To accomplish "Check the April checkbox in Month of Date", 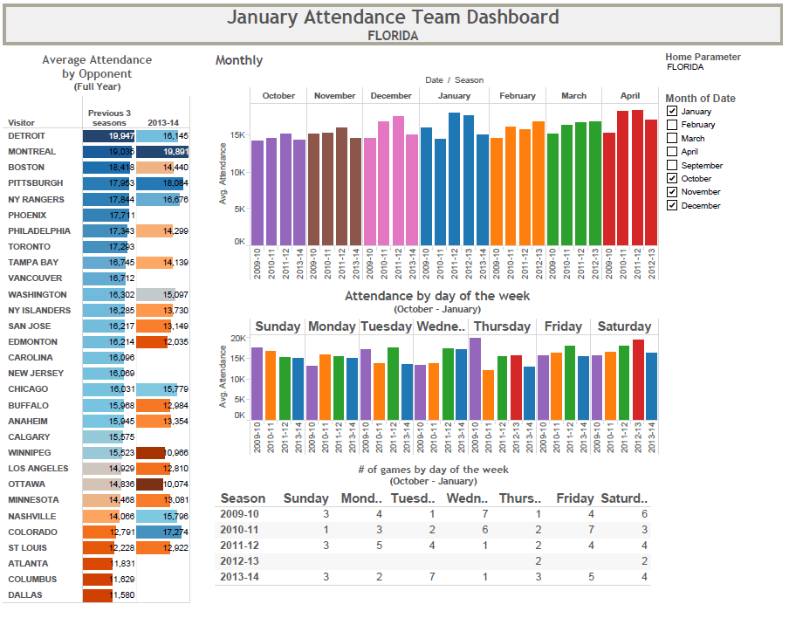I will point(672,152).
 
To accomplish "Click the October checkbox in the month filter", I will point(672,179).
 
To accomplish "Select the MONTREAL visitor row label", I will point(31,152).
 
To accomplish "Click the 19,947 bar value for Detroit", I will point(109,136).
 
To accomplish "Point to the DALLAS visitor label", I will point(24,595).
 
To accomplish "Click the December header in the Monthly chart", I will point(390,96).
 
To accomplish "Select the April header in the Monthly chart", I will point(629,96).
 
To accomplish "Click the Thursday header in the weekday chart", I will point(502,326).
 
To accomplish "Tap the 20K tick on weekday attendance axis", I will point(237,338).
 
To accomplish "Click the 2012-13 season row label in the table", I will point(239,560).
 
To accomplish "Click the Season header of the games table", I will point(243,498).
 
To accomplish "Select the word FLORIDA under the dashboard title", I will point(393,36).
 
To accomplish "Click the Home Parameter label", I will point(703,57).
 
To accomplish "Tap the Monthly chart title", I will point(239,60).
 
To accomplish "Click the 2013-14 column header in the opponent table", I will point(162,123).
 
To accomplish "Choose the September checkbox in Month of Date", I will point(672,166).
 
